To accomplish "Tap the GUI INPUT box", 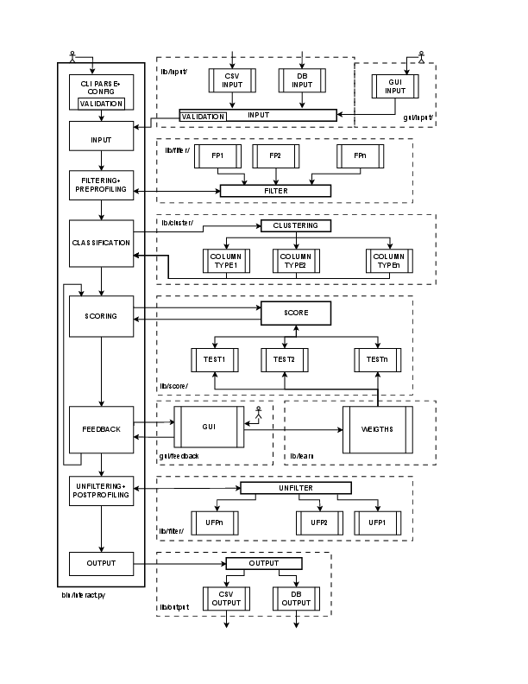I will pos(395,86).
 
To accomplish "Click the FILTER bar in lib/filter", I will pos(276,191).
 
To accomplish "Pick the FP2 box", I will pos(275,156).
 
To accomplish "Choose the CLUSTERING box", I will pos(296,225).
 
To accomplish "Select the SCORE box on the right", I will pos(296,312).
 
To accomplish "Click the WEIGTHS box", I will pos(378,429).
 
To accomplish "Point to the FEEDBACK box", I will pos(102,429).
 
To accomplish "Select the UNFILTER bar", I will pos(296,488).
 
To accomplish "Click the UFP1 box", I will pos(377,522).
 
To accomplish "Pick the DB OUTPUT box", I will pos(296,598).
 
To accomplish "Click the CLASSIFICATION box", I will pos(102,243).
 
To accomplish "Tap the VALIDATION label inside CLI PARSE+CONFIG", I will pos(102,104).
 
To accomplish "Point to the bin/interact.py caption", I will pos(79,594).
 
